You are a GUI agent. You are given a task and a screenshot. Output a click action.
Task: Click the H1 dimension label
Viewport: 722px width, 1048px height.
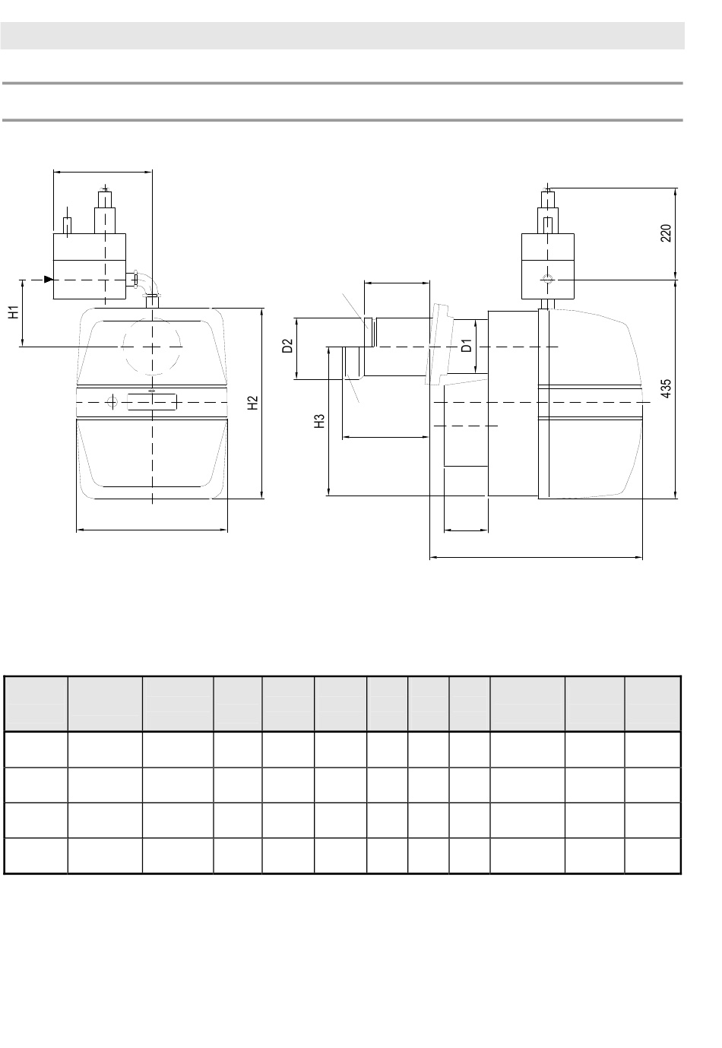[x=14, y=312]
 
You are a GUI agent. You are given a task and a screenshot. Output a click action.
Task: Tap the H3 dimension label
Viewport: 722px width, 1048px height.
[x=321, y=421]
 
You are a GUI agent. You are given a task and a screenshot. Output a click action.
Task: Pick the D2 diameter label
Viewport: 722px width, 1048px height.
[x=288, y=347]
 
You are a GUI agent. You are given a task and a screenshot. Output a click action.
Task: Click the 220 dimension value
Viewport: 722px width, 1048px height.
[x=666, y=233]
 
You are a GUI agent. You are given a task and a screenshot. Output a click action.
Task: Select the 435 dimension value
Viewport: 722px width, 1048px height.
[x=666, y=388]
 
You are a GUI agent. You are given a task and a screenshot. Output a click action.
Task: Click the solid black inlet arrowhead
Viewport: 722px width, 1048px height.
[x=49, y=280]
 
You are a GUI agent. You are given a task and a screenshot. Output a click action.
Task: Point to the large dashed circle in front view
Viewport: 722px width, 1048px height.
[x=151, y=346]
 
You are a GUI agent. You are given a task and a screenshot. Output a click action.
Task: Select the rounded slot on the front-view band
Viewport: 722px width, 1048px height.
[x=152, y=401]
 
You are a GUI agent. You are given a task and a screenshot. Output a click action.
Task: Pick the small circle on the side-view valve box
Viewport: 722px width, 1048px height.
[x=548, y=280]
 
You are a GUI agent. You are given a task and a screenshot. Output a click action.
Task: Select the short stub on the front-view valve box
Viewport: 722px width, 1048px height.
[x=67, y=226]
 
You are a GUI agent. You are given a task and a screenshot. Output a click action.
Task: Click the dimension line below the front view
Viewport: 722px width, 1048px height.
[x=152, y=530]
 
